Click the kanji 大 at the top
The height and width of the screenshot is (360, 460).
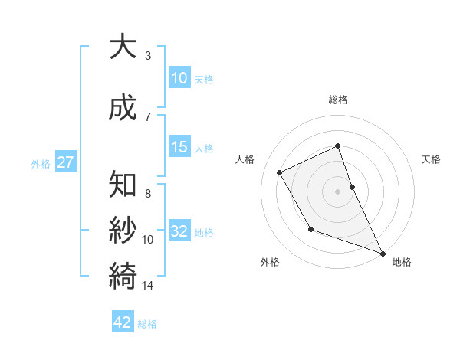point(123,46)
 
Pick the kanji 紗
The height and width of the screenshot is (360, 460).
point(123,230)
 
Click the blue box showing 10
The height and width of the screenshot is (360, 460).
point(179,78)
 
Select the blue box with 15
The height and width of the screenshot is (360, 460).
point(179,147)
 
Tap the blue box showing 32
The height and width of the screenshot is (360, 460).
point(179,231)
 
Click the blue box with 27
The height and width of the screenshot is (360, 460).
point(65,162)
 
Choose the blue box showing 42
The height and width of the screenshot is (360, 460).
point(123,322)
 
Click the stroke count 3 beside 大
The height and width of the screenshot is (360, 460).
point(147,56)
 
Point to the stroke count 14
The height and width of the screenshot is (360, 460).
point(148,286)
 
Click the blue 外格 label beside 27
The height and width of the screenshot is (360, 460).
point(41,163)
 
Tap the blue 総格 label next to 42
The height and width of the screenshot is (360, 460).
point(147,324)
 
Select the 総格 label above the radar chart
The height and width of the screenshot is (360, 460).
point(338,100)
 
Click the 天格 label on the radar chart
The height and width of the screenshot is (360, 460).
point(431,159)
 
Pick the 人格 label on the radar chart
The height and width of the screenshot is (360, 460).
point(245,159)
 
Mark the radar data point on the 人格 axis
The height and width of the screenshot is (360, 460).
point(280,172)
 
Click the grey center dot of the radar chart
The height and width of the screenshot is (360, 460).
point(337,191)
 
